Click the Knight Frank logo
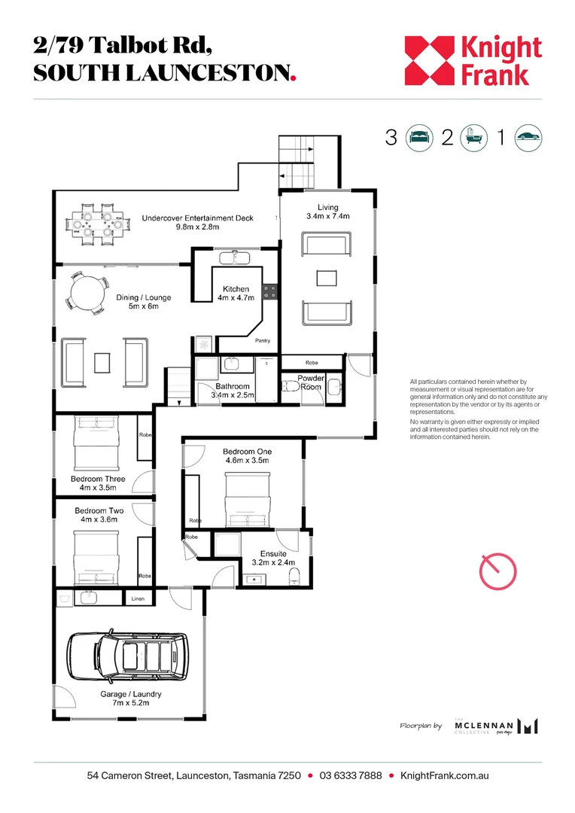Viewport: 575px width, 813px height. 473,61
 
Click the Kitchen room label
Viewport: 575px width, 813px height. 236,289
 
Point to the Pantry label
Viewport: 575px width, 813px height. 262,340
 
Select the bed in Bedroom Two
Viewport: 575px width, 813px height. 96,553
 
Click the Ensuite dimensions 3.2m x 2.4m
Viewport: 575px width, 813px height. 272,562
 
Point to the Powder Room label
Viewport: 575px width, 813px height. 310,382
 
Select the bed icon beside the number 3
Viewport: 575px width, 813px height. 420,138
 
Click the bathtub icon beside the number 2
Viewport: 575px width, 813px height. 473,138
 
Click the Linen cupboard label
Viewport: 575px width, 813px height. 138,598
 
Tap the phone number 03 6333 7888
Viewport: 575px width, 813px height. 350,775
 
